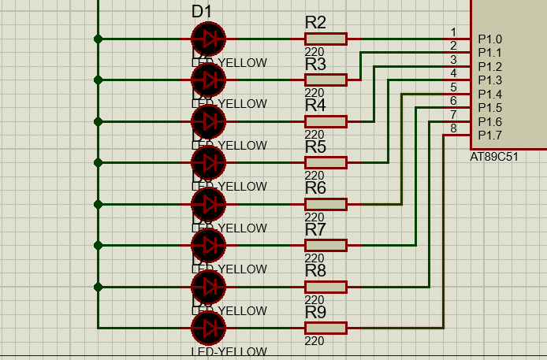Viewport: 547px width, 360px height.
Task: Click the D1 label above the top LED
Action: [202, 11]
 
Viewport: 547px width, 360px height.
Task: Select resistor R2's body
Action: [326, 39]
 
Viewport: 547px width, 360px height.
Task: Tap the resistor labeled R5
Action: [326, 162]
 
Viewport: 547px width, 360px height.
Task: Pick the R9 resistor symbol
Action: [326, 327]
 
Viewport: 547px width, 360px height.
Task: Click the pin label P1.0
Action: [489, 39]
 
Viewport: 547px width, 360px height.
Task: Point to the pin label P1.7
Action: [489, 135]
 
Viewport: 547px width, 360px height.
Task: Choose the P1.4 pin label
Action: [489, 94]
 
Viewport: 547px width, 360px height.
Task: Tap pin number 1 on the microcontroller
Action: [453, 32]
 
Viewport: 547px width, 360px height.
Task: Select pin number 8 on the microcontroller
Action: [453, 128]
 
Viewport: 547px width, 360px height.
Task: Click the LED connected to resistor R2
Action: [208, 39]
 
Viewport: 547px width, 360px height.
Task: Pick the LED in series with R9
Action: [208, 327]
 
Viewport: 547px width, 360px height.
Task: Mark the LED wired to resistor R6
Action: [208, 203]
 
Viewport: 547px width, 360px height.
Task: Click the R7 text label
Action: [315, 229]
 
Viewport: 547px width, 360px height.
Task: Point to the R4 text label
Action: [315, 106]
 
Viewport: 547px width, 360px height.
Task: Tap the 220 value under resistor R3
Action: [314, 93]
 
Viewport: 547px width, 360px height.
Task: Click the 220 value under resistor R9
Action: [314, 340]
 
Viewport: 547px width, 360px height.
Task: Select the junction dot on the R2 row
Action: [98, 39]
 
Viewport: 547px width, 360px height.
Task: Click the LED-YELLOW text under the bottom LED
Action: [229, 351]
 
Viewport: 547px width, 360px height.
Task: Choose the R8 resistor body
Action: [326, 286]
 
